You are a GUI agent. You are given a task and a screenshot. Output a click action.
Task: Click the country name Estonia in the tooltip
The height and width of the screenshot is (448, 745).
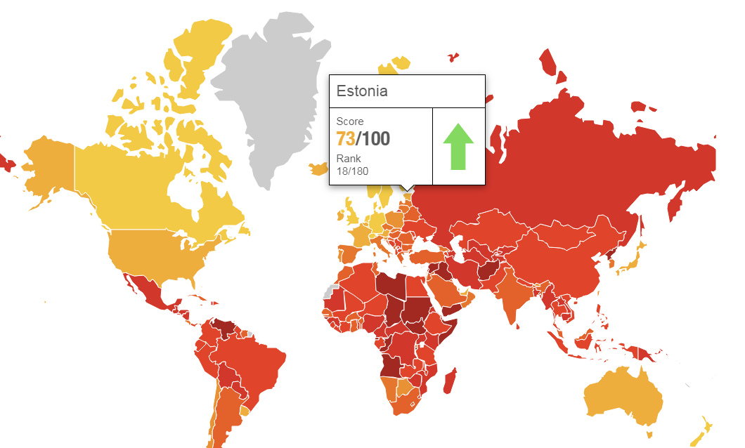point(362,91)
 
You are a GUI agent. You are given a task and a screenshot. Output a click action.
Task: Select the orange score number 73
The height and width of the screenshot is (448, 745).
point(346,139)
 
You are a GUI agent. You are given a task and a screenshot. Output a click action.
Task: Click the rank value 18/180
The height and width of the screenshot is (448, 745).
point(352,171)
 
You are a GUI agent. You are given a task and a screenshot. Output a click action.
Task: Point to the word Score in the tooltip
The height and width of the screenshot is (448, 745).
point(350,121)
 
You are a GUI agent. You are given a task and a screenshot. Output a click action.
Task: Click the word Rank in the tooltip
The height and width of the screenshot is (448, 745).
point(349,159)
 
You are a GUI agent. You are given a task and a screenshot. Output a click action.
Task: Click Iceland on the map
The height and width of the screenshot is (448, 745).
point(318,169)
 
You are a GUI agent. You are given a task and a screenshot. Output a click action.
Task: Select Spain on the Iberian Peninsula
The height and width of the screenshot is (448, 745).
point(347,253)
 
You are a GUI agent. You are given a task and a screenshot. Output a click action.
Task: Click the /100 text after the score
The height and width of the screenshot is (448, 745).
point(373,139)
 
